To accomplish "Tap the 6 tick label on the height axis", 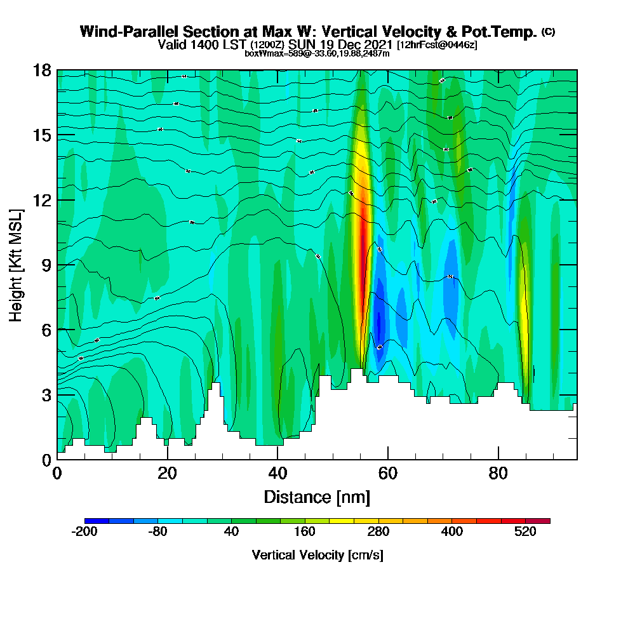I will pyautogui.click(x=46, y=330).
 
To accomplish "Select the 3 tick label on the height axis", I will pyautogui.click(x=46, y=395).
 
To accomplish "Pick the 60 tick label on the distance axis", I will pyautogui.click(x=388, y=474).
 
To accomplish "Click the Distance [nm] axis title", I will pyautogui.click(x=317, y=497).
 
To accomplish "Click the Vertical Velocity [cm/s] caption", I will pyautogui.click(x=317, y=555).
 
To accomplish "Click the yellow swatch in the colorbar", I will pyautogui.click(x=354, y=521).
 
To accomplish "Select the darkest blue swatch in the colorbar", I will pyautogui.click(x=97, y=521).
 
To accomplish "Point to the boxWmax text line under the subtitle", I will pyautogui.click(x=317, y=53).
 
